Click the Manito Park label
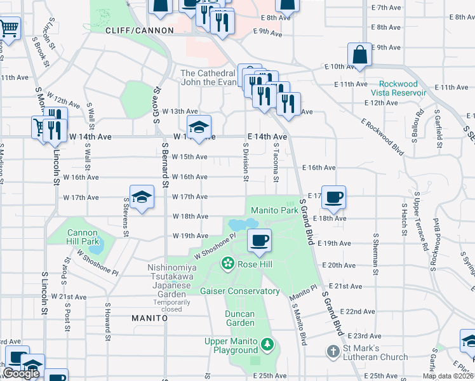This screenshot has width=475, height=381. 274,210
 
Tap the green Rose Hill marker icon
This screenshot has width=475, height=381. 226,263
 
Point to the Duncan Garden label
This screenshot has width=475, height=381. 239,314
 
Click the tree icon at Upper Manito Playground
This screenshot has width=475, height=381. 268,345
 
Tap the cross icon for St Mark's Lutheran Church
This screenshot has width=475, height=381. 333,352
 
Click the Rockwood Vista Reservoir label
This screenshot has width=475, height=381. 399,88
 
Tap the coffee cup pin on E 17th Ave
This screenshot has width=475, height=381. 333,197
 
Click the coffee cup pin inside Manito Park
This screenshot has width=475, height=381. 258,241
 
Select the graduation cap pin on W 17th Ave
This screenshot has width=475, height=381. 142,197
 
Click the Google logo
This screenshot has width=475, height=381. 20,373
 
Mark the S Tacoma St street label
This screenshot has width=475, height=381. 276,161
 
